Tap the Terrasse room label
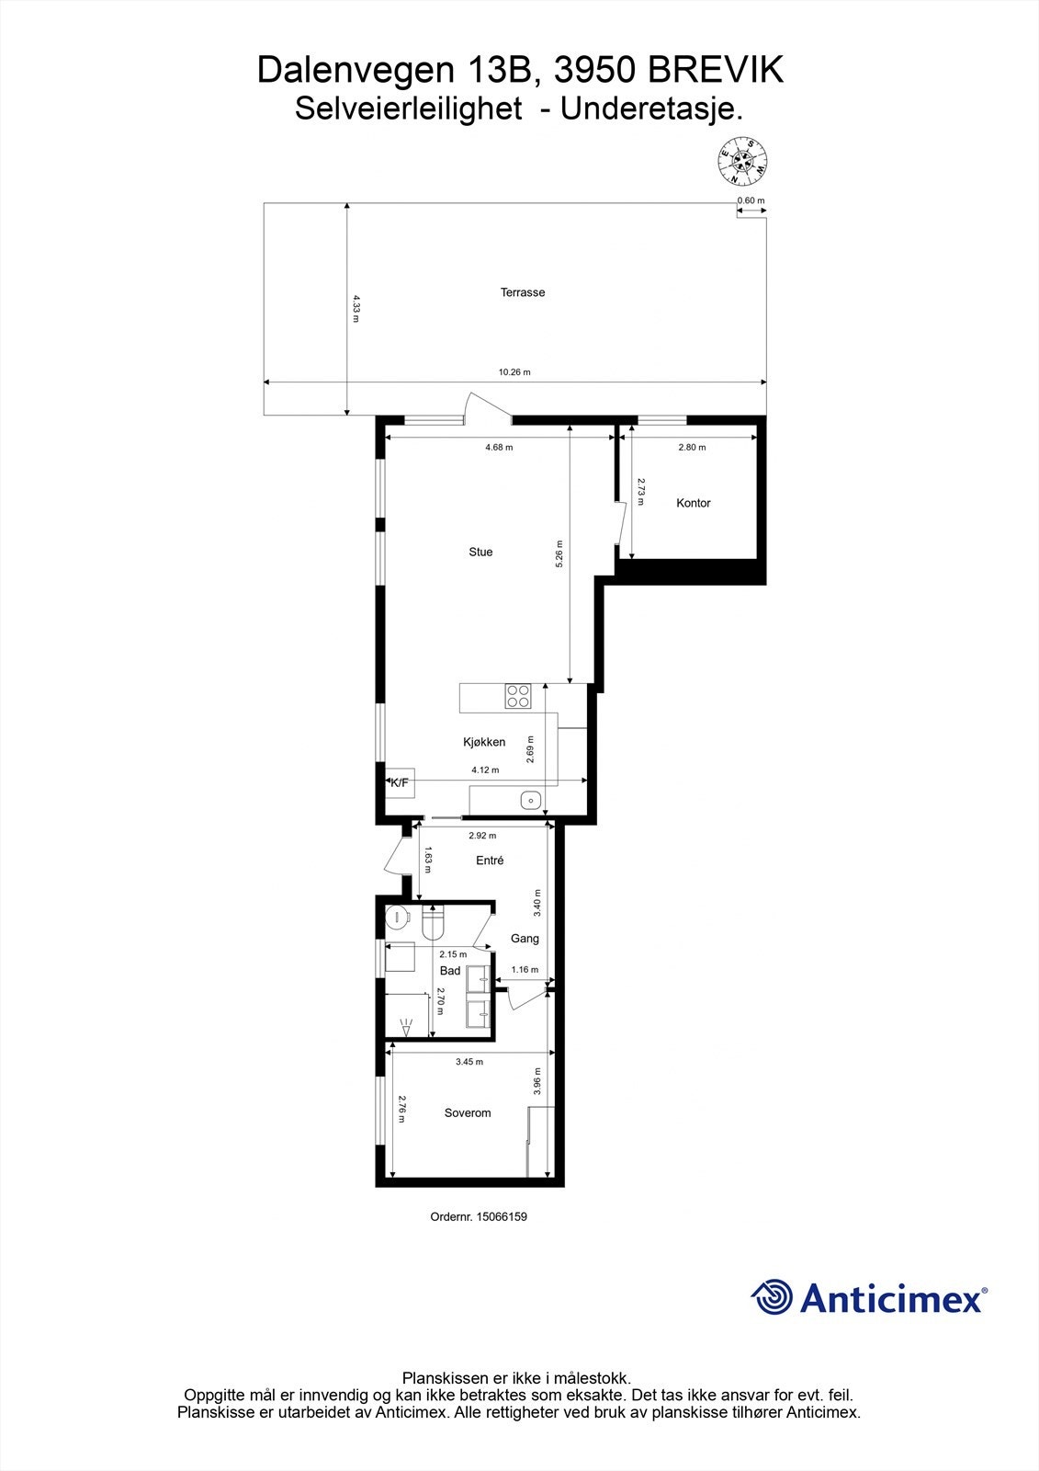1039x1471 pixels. tap(523, 292)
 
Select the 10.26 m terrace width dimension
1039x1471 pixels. tap(514, 372)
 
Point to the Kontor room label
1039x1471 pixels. tap(694, 503)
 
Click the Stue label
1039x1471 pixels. tap(480, 552)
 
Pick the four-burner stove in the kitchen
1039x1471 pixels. tap(518, 696)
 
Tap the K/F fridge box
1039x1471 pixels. tap(400, 782)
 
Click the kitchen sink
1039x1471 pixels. tap(530, 801)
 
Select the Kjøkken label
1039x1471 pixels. tap(483, 742)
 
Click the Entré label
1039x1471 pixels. tap(490, 861)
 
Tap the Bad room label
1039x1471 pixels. tap(450, 971)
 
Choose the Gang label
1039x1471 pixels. tap(525, 939)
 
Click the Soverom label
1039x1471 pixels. tap(468, 1112)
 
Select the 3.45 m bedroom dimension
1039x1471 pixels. tap(469, 1062)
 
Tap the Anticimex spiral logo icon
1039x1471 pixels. tap(772, 1298)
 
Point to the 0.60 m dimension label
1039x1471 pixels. tap(751, 200)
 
